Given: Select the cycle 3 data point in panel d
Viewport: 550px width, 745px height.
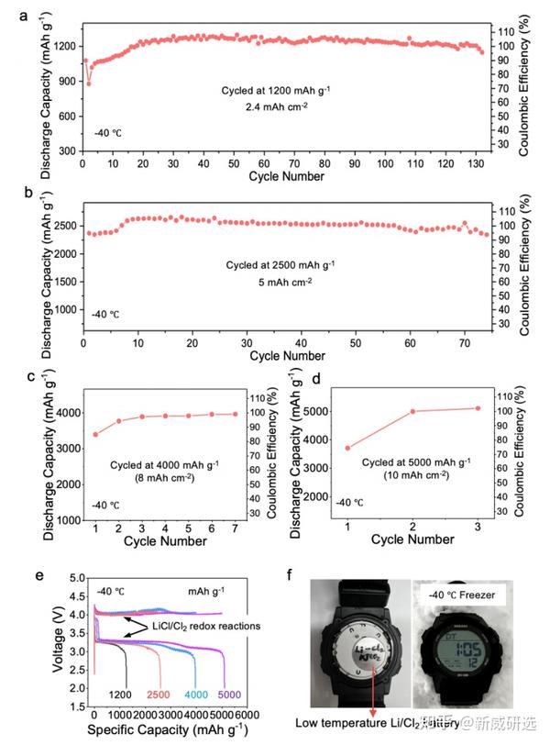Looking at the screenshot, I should [x=502, y=408].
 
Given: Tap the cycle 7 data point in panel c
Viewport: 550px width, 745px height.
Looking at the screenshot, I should [x=236, y=414].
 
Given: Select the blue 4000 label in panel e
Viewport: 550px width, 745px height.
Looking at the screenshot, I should [x=196, y=695].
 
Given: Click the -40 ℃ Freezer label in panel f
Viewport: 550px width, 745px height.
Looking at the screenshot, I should [x=475, y=595].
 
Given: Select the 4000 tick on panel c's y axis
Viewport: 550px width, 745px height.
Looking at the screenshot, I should [x=71, y=413].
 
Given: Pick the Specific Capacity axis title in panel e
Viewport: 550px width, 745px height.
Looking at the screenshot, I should [x=170, y=731].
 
